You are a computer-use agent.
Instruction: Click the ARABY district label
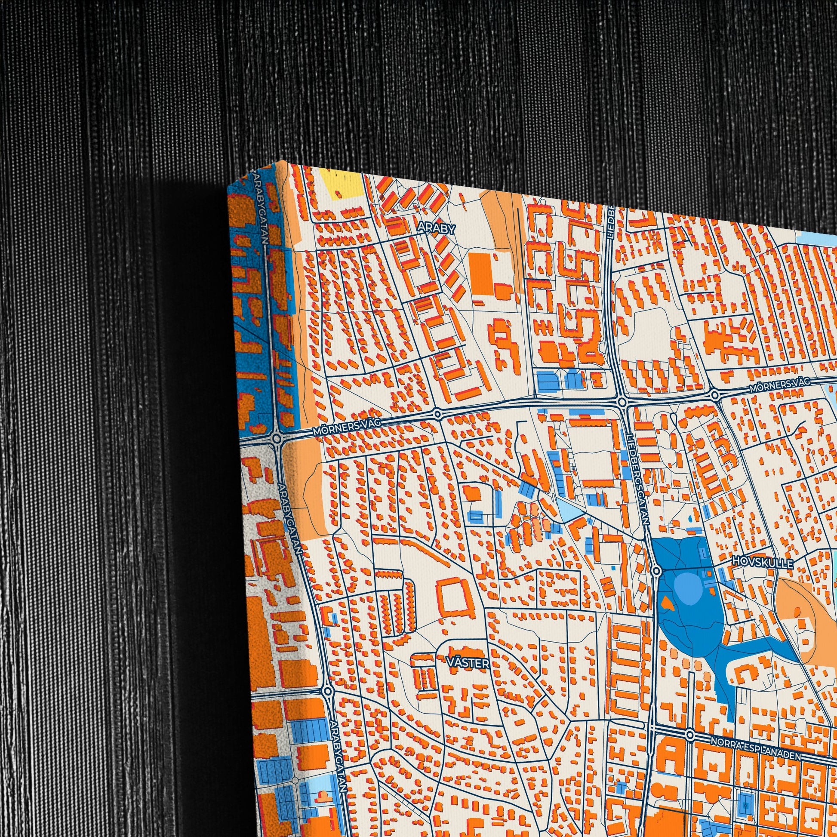tap(436, 229)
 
